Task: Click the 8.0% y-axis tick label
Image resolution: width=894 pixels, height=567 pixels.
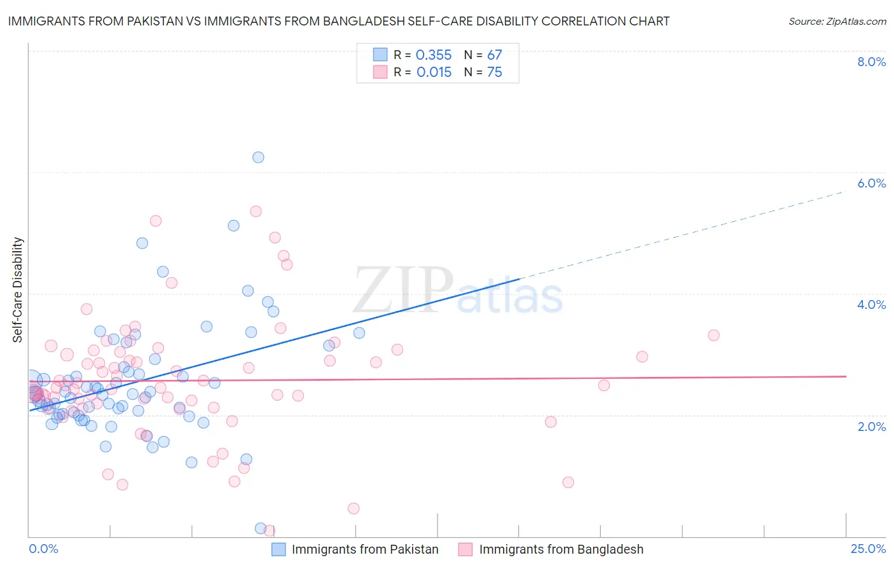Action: (x=871, y=62)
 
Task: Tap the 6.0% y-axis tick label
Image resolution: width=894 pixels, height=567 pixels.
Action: (x=871, y=183)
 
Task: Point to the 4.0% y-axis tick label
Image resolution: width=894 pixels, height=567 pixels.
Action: (x=871, y=304)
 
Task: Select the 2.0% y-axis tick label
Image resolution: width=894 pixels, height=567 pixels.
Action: (x=871, y=427)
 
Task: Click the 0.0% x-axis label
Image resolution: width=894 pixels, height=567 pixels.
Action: (x=43, y=549)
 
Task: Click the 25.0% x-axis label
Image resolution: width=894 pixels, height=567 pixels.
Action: (x=868, y=549)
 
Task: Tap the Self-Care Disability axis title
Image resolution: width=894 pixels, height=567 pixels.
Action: (x=18, y=290)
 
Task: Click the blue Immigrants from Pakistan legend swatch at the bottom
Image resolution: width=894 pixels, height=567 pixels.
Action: (x=279, y=549)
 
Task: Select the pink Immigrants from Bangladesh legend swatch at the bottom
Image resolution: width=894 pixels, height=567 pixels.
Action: (x=465, y=549)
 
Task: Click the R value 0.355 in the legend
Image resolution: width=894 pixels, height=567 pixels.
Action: (x=434, y=55)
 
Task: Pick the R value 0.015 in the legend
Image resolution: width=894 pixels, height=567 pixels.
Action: (x=434, y=72)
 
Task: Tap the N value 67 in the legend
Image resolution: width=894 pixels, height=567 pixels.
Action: (x=495, y=55)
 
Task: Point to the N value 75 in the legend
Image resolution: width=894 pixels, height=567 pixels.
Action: (x=495, y=72)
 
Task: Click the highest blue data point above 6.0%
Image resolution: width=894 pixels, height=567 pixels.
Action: (x=258, y=157)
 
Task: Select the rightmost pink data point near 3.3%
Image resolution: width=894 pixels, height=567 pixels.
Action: (x=713, y=335)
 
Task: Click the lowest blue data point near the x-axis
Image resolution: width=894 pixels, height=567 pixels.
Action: (x=260, y=528)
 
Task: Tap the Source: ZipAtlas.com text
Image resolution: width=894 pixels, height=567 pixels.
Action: (x=837, y=22)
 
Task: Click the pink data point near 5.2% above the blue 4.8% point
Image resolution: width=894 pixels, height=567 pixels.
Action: (x=156, y=221)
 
